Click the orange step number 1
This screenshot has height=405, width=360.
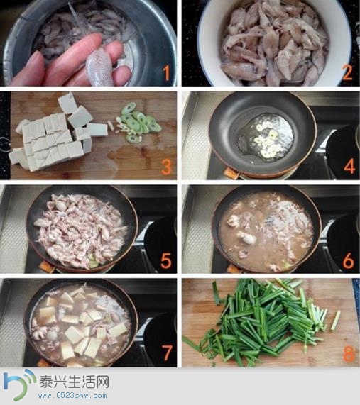(x=167, y=72)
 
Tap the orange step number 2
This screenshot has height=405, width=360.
(x=347, y=72)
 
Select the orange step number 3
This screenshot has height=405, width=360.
(x=166, y=167)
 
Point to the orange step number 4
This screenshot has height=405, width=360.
(x=349, y=167)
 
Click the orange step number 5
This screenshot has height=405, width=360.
(x=165, y=260)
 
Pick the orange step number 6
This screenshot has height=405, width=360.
(x=349, y=260)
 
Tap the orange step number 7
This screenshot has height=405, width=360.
(x=167, y=353)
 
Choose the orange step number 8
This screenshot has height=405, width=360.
(x=349, y=353)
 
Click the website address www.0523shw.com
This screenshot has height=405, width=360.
(x=72, y=395)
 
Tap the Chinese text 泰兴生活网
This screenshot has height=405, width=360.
(x=74, y=382)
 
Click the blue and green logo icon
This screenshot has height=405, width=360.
(x=19, y=384)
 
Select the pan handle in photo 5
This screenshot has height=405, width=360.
(x=47, y=267)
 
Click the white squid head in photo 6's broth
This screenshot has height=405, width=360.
(x=247, y=238)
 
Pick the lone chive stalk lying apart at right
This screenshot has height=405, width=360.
(x=336, y=321)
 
